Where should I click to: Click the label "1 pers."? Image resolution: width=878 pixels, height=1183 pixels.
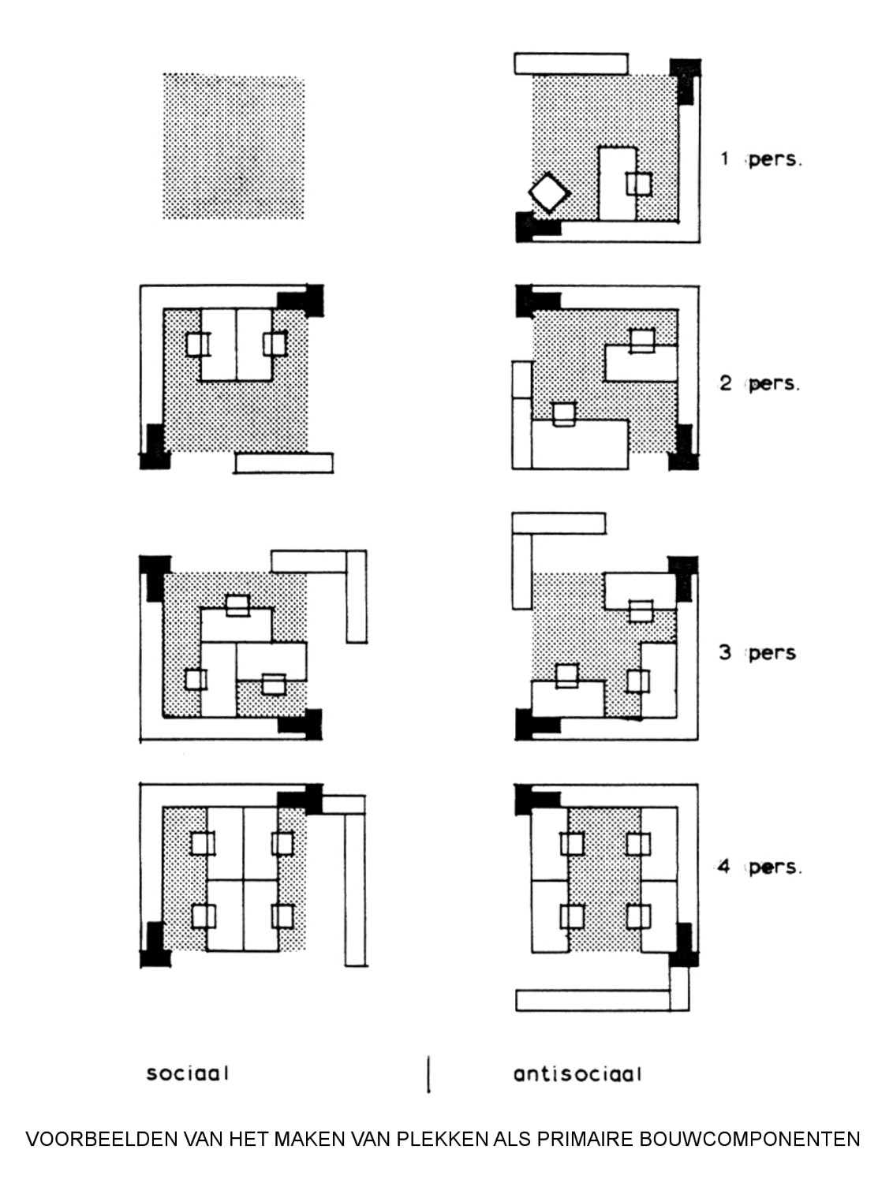pos(761,159)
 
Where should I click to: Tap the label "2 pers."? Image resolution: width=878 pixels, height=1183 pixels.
pos(760,383)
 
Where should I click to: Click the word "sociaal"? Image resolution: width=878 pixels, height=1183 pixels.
pos(187,1073)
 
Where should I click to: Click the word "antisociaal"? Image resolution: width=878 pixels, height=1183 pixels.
pos(577,1073)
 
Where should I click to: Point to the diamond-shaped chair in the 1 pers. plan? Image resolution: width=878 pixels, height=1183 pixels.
pos(549,193)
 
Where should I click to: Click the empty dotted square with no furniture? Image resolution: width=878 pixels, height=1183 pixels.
pos(234,147)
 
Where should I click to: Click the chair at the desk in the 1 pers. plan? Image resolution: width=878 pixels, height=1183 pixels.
pos(639,184)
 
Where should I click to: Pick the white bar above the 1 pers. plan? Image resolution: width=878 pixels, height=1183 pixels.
pos(571,63)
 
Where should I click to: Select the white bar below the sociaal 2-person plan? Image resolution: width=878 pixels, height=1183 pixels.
pos(284,462)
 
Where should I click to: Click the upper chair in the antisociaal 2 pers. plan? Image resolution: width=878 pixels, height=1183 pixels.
pos(642,340)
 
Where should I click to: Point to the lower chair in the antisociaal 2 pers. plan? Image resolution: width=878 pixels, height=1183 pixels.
pos(565,414)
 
